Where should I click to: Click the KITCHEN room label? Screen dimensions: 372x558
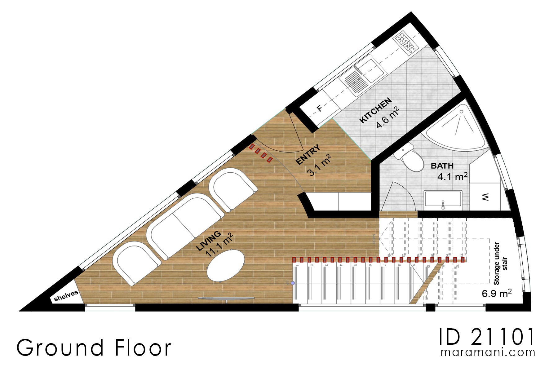click(x=375, y=111)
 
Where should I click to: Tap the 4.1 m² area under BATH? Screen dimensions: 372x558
click(x=452, y=177)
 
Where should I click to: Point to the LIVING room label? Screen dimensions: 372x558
click(x=209, y=241)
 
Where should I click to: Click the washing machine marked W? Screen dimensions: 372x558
click(x=485, y=197)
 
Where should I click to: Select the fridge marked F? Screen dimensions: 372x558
click(x=319, y=108)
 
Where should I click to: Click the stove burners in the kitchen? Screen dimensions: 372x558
click(x=405, y=42)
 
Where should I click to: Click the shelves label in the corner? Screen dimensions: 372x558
click(x=66, y=296)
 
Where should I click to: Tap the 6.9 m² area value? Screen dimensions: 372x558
click(x=496, y=293)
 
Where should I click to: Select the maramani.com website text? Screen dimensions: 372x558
click(x=488, y=352)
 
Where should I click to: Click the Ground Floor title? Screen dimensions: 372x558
click(x=94, y=348)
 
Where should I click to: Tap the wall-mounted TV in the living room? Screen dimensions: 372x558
click(x=226, y=299)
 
